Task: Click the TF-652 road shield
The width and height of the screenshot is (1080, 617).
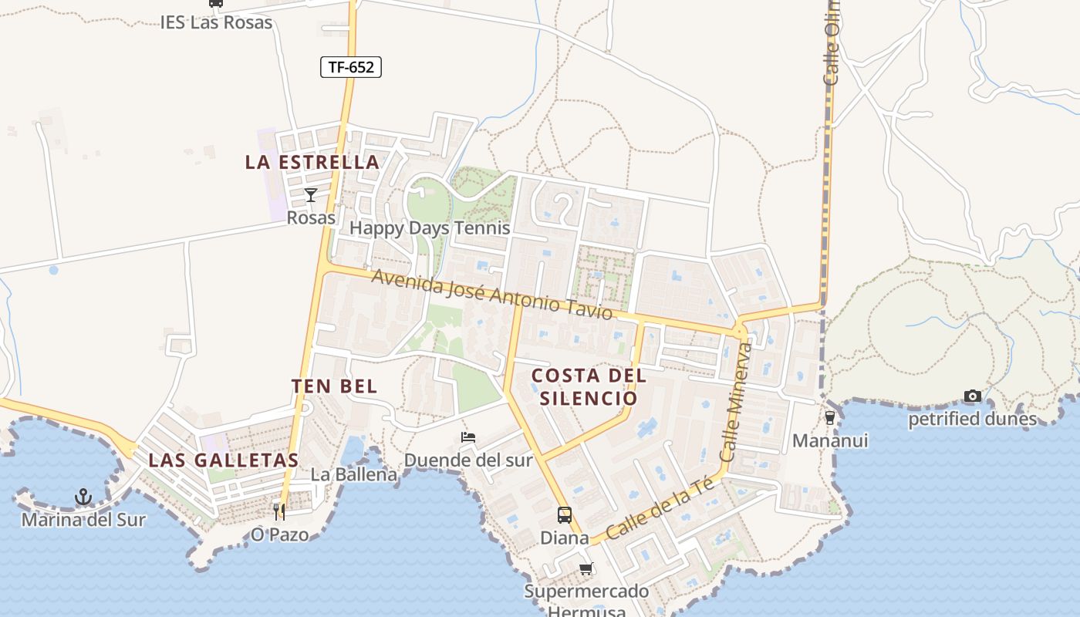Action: (351, 67)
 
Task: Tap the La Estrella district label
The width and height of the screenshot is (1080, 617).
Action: (312, 162)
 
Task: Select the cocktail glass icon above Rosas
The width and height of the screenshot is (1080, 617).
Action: (311, 194)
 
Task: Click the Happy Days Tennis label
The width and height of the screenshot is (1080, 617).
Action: (430, 228)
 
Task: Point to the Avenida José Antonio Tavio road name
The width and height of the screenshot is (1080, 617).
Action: (491, 294)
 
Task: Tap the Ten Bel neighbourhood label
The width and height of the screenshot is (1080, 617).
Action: (335, 386)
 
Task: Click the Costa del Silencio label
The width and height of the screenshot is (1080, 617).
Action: (589, 386)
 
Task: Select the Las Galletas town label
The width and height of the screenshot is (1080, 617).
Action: (223, 460)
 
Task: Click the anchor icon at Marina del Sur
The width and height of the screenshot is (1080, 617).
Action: (83, 497)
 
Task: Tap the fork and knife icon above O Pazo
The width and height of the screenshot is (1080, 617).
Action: (279, 511)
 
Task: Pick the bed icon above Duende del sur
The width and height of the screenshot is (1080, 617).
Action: (468, 437)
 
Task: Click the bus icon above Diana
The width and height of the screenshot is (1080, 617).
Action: (565, 514)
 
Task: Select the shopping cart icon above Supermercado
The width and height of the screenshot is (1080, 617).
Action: (586, 569)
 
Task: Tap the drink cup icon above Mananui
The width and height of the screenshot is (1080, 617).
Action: (830, 417)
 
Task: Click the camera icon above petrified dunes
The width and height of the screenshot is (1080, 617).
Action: (973, 396)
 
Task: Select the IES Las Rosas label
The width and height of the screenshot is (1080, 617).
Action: (216, 22)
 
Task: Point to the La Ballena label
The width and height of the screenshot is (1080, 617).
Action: (354, 474)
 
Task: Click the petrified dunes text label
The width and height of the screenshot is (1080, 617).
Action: (972, 419)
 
